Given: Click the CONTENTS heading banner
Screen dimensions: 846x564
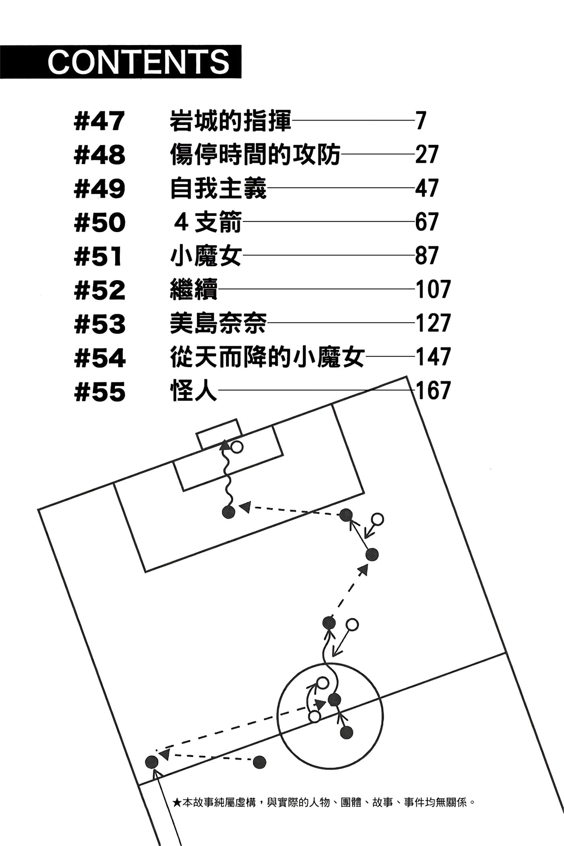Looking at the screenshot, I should click(x=121, y=62).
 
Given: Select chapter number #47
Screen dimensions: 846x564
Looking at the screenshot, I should click(x=99, y=121).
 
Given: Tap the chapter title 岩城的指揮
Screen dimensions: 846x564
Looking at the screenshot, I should click(x=230, y=121).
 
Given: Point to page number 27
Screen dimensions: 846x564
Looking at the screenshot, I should click(x=426, y=154).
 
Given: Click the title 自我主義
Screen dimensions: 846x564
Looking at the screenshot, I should click(x=218, y=188).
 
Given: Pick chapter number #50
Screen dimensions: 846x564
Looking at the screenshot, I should click(x=99, y=222).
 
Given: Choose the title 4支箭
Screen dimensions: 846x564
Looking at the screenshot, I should click(x=207, y=222).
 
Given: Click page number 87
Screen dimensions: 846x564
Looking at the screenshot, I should click(x=426, y=256).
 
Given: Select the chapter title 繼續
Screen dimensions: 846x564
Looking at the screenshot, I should click(x=194, y=290).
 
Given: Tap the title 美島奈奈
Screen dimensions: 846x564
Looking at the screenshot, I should click(x=218, y=323).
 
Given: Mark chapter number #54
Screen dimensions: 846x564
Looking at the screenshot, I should click(x=99, y=357).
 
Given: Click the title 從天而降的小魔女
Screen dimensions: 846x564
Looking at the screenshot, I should click(x=267, y=357).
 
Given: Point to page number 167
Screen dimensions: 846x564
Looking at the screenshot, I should click(x=433, y=391).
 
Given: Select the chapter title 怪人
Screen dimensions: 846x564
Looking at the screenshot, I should click(x=194, y=391).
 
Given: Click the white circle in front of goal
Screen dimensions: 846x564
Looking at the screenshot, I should click(x=237, y=447).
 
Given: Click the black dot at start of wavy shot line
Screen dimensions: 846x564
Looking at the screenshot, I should click(x=228, y=512).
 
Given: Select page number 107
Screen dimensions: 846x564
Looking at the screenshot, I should click(x=433, y=290).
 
